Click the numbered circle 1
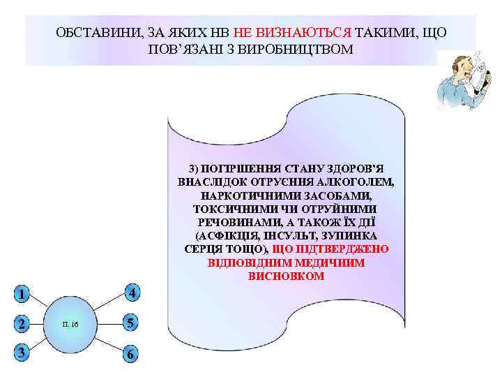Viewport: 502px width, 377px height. click(23, 294)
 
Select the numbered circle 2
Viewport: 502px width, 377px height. click(23, 324)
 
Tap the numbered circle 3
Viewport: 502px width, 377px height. click(23, 353)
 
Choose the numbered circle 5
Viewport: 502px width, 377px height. click(130, 323)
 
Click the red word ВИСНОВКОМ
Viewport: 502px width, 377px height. click(286, 276)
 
